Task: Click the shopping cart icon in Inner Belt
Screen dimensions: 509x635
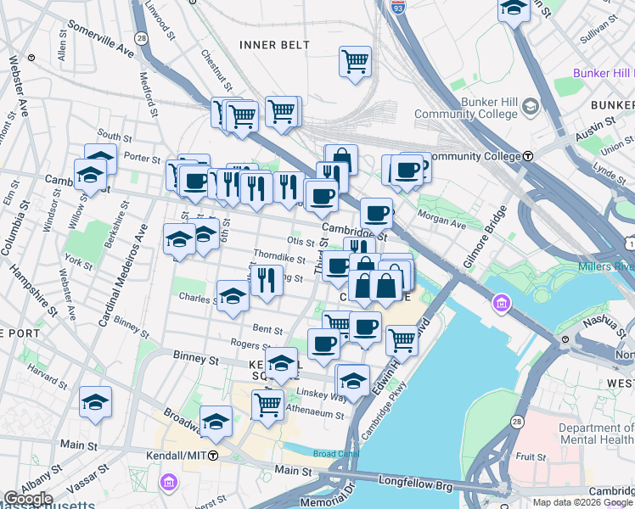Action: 355,62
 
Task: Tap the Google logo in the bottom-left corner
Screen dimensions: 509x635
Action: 28,498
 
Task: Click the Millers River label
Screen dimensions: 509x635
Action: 605,267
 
